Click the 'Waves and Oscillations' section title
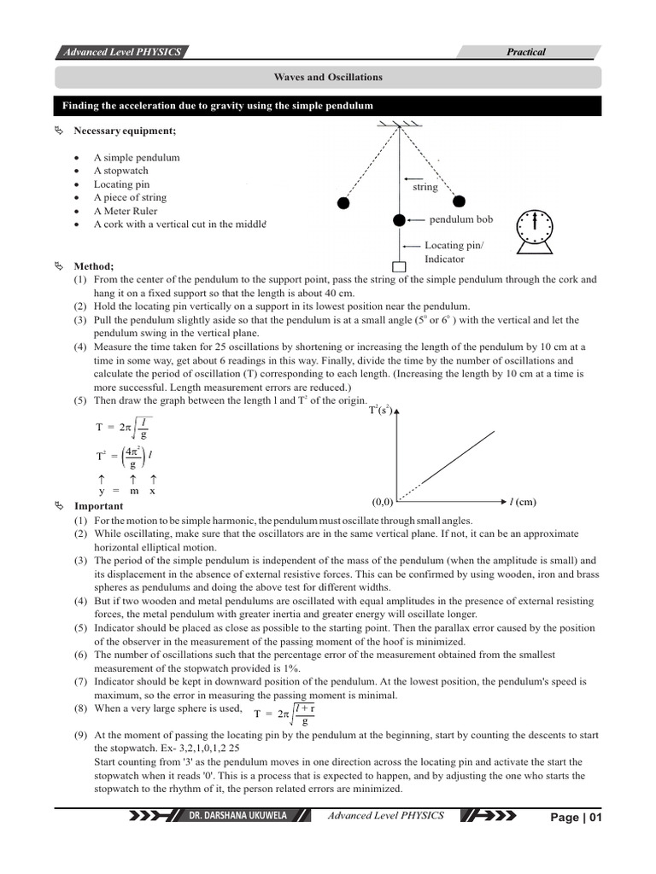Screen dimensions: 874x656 (x=328, y=78)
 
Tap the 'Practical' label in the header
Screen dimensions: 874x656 (x=526, y=52)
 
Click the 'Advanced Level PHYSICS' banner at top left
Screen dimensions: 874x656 (x=120, y=52)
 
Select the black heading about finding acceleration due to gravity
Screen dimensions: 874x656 (x=218, y=106)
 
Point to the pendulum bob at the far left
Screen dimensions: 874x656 (x=343, y=203)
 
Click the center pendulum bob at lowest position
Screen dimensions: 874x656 (x=399, y=220)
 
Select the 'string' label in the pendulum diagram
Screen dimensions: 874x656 (x=425, y=187)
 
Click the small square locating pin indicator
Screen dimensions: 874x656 (x=399, y=266)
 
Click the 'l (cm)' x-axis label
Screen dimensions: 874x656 (x=523, y=501)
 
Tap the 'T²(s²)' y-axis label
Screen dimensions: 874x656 (x=380, y=411)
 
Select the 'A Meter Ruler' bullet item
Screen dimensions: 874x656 (x=126, y=211)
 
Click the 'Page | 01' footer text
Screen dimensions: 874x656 (x=577, y=818)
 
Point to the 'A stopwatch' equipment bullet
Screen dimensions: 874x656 (x=121, y=171)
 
